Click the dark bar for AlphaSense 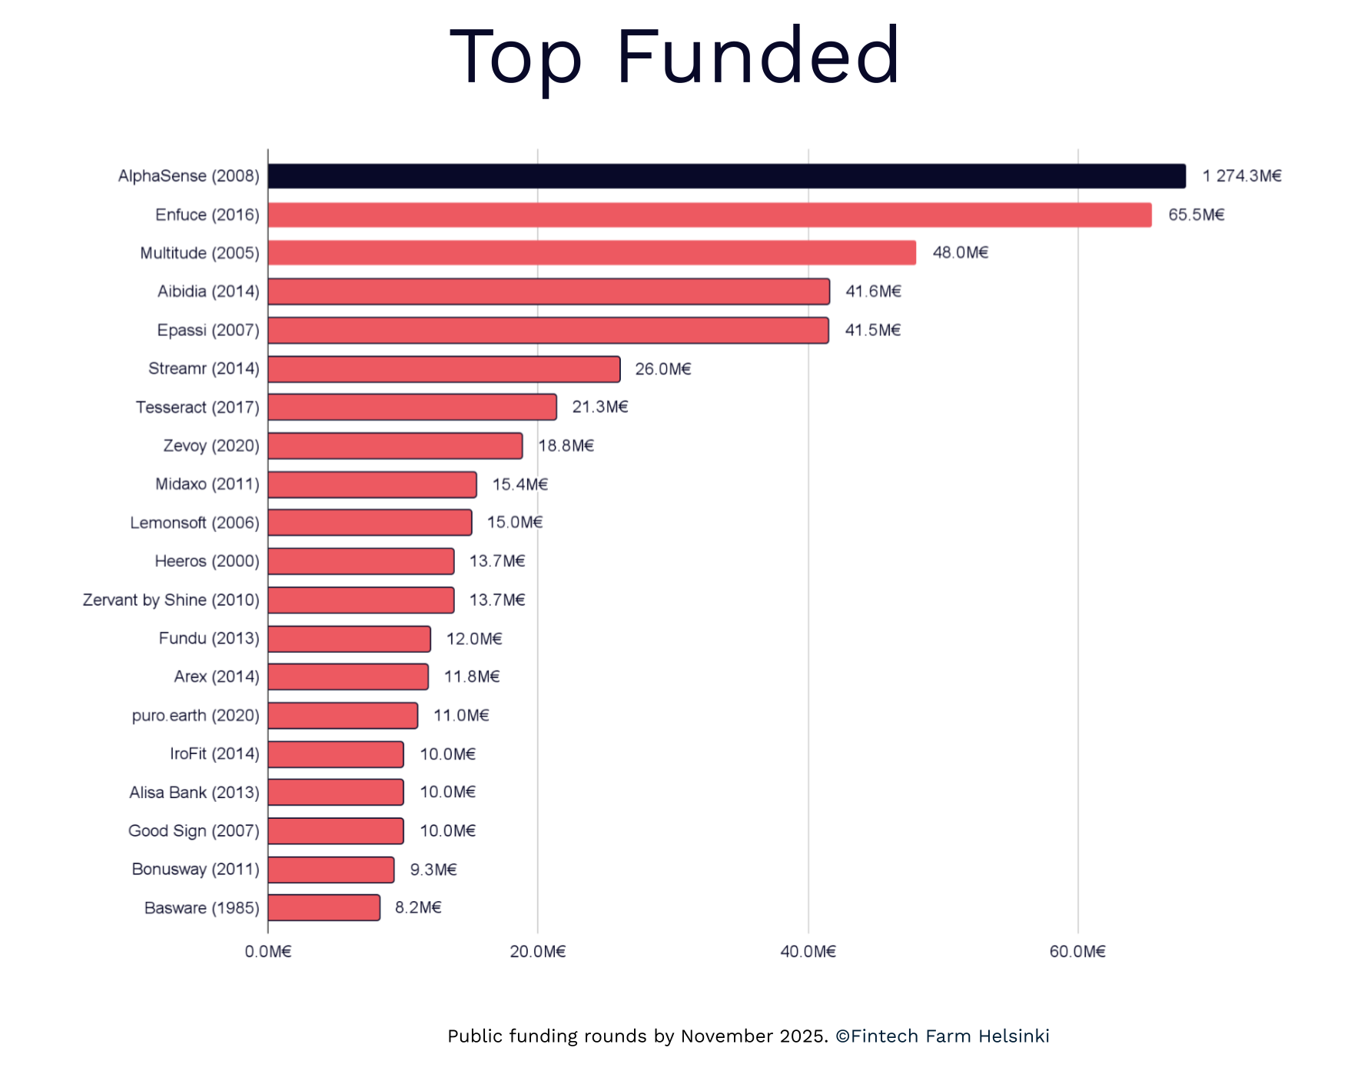[x=726, y=176]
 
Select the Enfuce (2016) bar [x=709, y=215]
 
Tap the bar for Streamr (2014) [x=443, y=369]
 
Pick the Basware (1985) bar [x=324, y=907]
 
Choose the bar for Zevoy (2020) [x=395, y=446]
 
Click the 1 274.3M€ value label [x=1241, y=176]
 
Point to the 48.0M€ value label [x=960, y=253]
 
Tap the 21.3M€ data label [x=599, y=407]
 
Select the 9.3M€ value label [x=433, y=870]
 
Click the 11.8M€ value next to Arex [x=471, y=677]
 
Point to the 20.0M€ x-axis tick [x=537, y=952]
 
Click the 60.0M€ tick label [x=1077, y=952]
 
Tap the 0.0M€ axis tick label [x=267, y=952]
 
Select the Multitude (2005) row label [x=199, y=253]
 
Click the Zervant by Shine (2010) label [x=171, y=600]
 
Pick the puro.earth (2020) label [x=195, y=715]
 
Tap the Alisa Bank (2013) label [x=194, y=792]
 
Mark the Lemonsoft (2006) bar [x=370, y=523]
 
